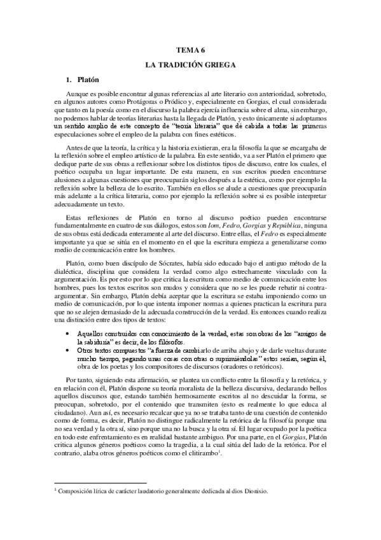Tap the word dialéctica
[68, 272]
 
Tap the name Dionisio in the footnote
[253, 491]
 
